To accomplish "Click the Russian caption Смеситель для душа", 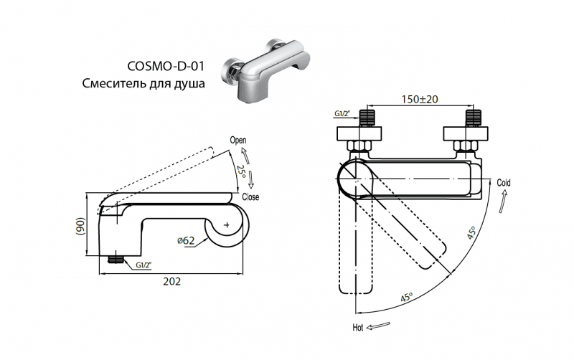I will tap(143, 84).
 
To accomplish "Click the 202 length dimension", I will tap(171, 281).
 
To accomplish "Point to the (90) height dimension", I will tap(81, 227).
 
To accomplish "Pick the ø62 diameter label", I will tap(185, 241).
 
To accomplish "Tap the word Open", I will tap(238, 140).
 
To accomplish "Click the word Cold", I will tap(504, 184).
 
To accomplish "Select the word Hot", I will tap(357, 328).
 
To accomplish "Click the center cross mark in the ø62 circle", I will tap(227, 225).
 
